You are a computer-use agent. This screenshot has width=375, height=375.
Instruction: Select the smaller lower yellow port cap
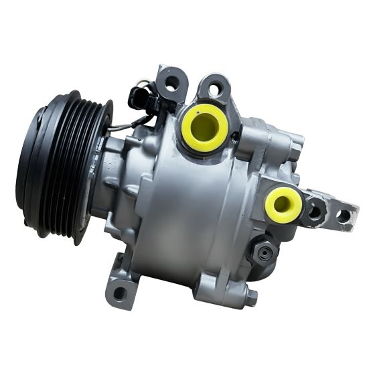283,205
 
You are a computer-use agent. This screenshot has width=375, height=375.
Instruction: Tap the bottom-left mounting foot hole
121,293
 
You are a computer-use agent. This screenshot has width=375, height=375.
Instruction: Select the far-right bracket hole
344,216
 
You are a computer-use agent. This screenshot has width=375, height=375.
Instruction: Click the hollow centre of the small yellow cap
283,204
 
